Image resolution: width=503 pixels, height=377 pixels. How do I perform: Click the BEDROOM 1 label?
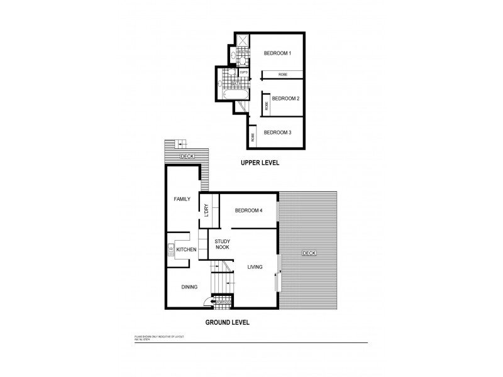277,54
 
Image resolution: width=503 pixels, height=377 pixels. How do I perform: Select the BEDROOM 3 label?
277,133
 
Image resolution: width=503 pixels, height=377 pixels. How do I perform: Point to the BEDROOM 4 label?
248,210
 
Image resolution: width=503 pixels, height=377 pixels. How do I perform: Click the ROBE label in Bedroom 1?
283,74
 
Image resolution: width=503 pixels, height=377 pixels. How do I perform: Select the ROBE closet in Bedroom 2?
266,105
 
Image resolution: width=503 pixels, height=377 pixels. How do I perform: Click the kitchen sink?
171,250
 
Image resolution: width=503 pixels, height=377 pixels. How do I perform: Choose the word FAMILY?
182,199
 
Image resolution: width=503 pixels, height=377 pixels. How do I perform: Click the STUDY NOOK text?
222,244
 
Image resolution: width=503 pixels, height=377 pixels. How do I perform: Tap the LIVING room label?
255,266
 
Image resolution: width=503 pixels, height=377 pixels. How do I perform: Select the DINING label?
189,287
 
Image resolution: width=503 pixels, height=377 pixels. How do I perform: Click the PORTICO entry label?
223,303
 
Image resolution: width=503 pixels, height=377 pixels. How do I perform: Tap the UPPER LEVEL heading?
260,163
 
